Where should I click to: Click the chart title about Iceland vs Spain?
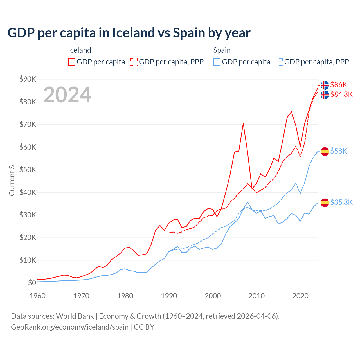[x=129, y=33]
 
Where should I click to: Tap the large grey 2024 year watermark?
[x=67, y=95]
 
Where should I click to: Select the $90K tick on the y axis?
[x=28, y=79]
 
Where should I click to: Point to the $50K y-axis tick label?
[x=28, y=170]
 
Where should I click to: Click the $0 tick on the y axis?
[x=32, y=283]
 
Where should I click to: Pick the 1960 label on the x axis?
[x=37, y=296]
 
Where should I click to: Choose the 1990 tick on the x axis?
[x=169, y=296]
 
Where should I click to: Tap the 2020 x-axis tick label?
[x=300, y=296]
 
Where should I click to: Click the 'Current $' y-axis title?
[x=12, y=180]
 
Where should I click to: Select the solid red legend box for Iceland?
[x=72, y=62]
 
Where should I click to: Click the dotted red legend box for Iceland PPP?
[x=134, y=62]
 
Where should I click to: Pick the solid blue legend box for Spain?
[x=217, y=62]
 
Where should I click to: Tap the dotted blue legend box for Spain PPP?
[x=279, y=62]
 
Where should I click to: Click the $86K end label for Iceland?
[x=339, y=85]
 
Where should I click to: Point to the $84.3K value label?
[x=341, y=94]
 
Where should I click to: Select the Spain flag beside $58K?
[x=325, y=151]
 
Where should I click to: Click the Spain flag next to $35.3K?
[x=325, y=202]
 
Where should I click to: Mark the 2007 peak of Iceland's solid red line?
[x=243, y=123]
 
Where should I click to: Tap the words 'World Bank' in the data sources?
[x=75, y=316]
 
